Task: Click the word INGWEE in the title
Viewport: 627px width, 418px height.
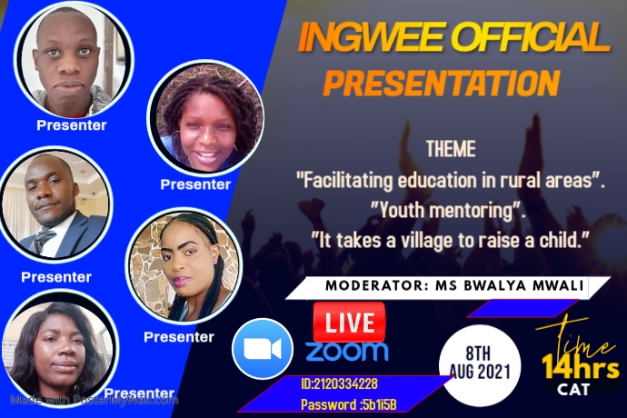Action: [371, 36]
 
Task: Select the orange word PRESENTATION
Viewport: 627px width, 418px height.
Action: [442, 84]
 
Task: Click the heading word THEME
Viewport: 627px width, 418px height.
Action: [451, 149]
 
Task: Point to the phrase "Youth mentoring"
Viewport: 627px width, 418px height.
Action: [446, 211]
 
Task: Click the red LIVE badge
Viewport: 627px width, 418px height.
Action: [349, 322]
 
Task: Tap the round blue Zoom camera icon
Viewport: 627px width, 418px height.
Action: [263, 349]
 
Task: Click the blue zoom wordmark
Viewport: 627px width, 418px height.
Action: [347, 351]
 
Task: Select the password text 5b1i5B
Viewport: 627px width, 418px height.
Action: [378, 404]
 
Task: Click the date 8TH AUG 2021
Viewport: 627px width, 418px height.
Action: [480, 363]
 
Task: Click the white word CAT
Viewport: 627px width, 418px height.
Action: [573, 389]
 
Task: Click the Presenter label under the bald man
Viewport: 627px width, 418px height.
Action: [72, 125]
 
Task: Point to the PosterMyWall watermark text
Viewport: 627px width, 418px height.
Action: [94, 400]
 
